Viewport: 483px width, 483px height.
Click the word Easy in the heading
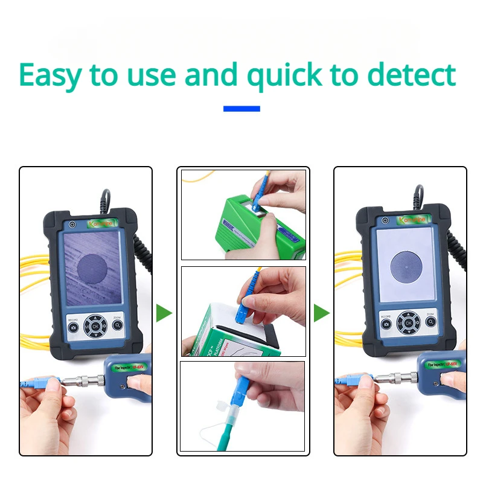coord(50,75)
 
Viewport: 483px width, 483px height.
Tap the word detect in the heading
coord(411,74)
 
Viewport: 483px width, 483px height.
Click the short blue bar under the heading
coord(241,109)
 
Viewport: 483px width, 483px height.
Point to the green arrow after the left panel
coord(164,313)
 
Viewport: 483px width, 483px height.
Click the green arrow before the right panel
coord(321,313)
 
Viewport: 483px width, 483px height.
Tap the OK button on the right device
coord(409,324)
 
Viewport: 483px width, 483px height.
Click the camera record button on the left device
coord(73,327)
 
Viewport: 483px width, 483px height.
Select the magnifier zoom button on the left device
coord(117,325)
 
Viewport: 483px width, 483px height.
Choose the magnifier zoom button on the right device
coord(430,324)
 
